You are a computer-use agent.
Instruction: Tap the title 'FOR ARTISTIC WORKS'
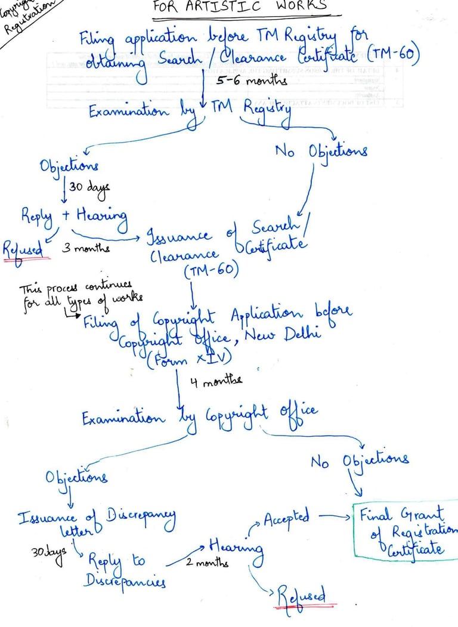(240, 5)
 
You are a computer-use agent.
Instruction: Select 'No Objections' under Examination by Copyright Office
(359, 460)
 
